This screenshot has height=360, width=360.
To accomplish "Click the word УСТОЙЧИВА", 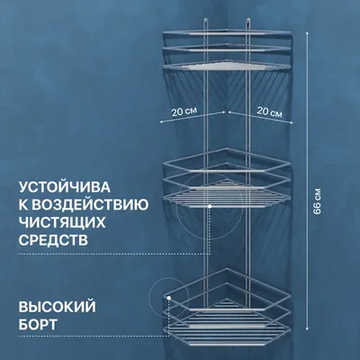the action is pyautogui.click(x=65, y=187).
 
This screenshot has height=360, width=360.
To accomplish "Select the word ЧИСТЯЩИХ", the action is pyautogui.click(x=62, y=222).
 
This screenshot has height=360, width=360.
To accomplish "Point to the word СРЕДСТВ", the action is pyautogui.click(x=53, y=240).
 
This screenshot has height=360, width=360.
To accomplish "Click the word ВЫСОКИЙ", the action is pyautogui.click(x=58, y=307).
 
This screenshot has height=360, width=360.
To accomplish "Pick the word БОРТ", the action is pyautogui.click(x=38, y=324).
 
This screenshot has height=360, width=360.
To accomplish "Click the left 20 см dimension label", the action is pyautogui.click(x=184, y=112).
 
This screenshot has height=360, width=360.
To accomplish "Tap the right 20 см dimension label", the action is pyautogui.click(x=269, y=112).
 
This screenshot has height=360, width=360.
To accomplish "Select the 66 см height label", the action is pyautogui.click(x=317, y=202).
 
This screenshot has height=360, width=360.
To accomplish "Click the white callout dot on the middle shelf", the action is pyautogui.click(x=210, y=206).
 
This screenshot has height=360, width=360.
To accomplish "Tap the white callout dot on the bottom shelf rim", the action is pyautogui.click(x=169, y=298).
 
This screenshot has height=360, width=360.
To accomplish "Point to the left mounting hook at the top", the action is pyautogui.click(x=205, y=22).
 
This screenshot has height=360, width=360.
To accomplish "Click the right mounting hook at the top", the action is pyautogui.click(x=247, y=22).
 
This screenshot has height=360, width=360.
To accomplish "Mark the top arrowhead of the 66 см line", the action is pyautogui.click(x=307, y=31).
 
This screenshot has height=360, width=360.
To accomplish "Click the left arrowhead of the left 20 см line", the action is pyautogui.click(x=161, y=122).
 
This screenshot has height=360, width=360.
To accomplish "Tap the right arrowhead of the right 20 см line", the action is pyautogui.click(x=291, y=122).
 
